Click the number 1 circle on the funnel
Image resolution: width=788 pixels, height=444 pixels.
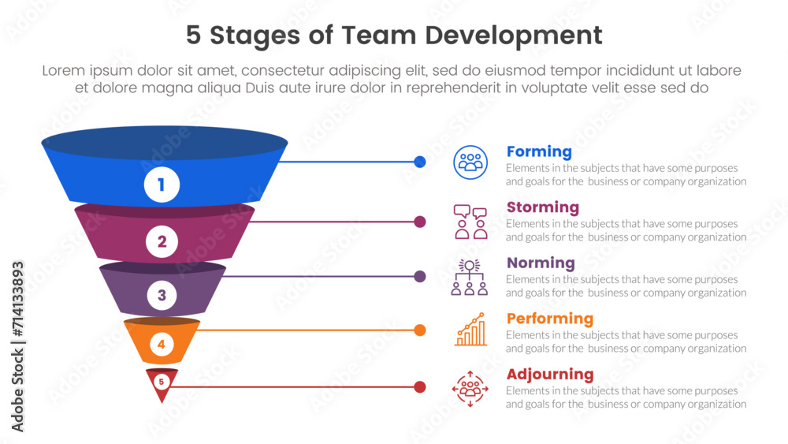(x=162, y=185)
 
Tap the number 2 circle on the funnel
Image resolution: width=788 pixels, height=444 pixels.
(x=162, y=242)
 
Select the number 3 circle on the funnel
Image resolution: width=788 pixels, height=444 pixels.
(x=162, y=296)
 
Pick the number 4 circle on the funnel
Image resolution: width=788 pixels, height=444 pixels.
(x=161, y=344)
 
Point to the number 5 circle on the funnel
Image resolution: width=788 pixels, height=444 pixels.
(x=162, y=382)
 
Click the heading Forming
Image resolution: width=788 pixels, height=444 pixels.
(x=539, y=151)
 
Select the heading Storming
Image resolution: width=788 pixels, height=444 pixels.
(x=542, y=207)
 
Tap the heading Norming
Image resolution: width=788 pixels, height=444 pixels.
(x=541, y=263)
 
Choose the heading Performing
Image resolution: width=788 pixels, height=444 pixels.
(x=549, y=319)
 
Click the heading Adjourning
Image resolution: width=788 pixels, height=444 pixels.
(x=549, y=374)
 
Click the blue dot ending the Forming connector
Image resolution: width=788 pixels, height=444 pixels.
(x=420, y=162)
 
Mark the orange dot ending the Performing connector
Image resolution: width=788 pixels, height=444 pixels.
(x=420, y=330)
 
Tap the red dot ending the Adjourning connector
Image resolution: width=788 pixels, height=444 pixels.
(x=420, y=386)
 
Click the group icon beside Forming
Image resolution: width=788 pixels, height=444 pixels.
(x=470, y=162)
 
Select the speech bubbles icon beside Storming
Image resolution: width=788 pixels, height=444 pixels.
(x=470, y=222)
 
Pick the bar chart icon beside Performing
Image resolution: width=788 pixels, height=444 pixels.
(x=470, y=330)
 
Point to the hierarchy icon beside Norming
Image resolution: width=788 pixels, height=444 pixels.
(x=470, y=277)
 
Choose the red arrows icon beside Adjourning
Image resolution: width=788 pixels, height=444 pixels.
(x=470, y=387)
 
